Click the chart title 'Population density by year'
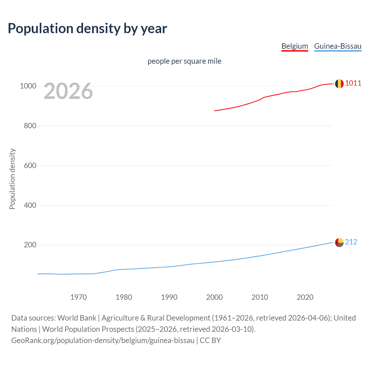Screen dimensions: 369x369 tap(87, 29)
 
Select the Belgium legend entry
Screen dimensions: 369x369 tap(295, 46)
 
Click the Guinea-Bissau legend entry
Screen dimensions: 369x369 tap(338, 46)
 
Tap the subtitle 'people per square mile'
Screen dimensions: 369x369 tap(184, 61)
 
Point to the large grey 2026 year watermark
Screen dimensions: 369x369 tap(68, 91)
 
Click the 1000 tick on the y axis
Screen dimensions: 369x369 tap(28, 86)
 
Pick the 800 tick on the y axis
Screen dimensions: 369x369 tap(30, 126)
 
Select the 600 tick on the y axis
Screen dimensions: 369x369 tap(30, 165)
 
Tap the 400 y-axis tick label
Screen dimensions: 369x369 tap(30, 205)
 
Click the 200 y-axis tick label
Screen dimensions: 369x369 tap(30, 245)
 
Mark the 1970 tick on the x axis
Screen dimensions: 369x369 tap(78, 297)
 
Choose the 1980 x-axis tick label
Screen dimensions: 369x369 tap(124, 297)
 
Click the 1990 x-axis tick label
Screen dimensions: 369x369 tap(169, 297)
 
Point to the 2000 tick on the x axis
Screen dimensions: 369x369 tap(214, 297)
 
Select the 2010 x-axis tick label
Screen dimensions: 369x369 tap(260, 297)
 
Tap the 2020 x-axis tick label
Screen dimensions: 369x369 tap(305, 297)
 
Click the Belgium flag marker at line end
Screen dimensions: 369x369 tap(339, 84)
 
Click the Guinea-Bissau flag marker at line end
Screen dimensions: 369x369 tap(339, 242)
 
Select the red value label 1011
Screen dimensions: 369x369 tap(353, 83)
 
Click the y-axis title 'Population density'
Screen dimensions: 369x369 tap(12, 179)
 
